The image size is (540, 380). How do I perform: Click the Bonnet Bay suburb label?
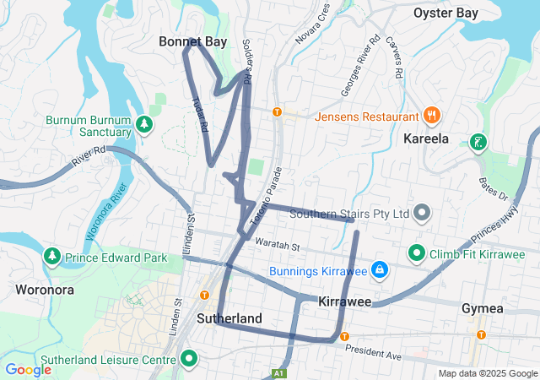(x=193, y=41)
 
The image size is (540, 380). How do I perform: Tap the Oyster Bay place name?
(x=445, y=13)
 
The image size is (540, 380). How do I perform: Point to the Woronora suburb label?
(x=45, y=290)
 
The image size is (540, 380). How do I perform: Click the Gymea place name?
(x=483, y=308)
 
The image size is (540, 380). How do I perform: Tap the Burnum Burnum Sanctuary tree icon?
(x=144, y=125)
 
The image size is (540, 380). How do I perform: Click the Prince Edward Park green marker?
(x=51, y=255)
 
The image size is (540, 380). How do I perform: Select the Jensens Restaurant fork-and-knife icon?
(x=431, y=115)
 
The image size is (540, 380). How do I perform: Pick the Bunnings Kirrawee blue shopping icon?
(x=380, y=270)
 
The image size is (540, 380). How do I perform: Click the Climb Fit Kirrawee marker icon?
(x=417, y=252)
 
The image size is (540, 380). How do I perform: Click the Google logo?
(x=28, y=369)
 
